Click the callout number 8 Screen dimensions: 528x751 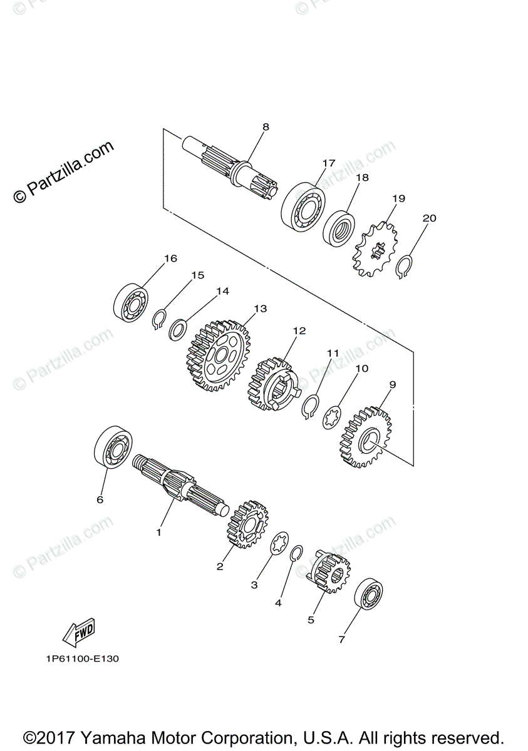click(x=266, y=127)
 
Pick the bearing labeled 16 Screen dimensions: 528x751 click(x=130, y=304)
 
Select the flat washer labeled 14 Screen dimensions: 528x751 click(x=179, y=329)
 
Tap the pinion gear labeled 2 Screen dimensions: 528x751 click(x=247, y=524)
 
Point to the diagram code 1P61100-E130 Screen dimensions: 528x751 click(x=82, y=659)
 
